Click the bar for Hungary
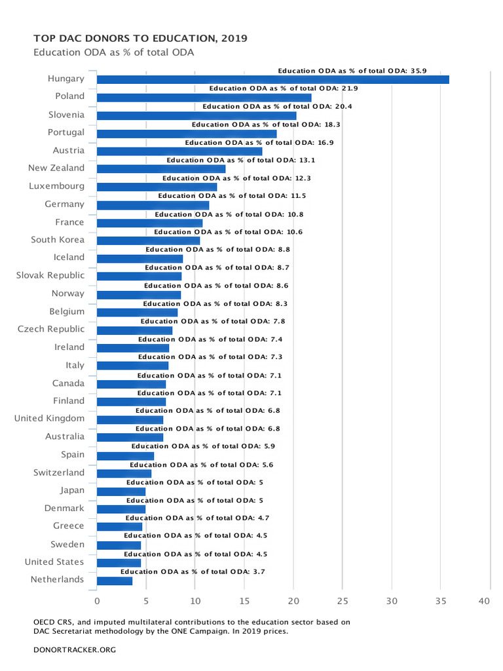pos(272,80)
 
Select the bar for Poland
pos(204,98)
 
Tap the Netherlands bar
pos(115,581)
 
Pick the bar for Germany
pos(153,205)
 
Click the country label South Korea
pos(58,240)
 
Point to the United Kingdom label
pos(49,418)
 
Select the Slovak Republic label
pos(50,275)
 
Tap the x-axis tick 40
pos(485,601)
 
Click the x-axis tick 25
pos(343,601)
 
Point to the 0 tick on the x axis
pos(97,601)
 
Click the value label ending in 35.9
pos(352,70)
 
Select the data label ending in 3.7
pos(193,571)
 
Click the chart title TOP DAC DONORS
pos(140,39)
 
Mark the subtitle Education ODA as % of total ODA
pos(114,52)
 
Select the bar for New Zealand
pos(161,169)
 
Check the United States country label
pos(54,562)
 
